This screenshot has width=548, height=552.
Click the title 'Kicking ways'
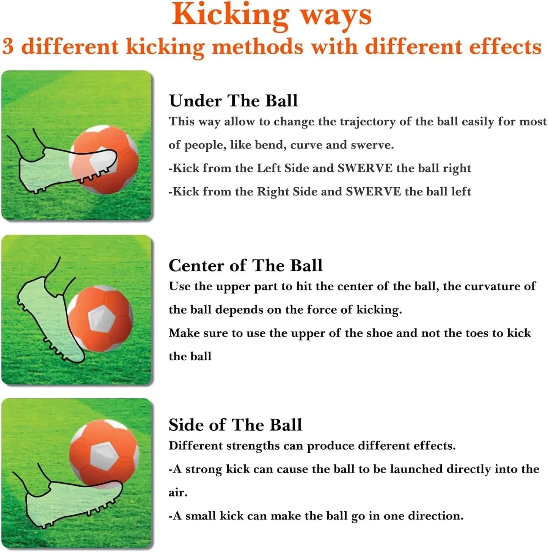pyautogui.click(x=272, y=15)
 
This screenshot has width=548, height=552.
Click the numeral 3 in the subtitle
pyautogui.click(x=8, y=47)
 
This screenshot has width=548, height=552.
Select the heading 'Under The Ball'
pyautogui.click(x=233, y=101)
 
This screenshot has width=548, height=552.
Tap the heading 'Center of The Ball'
pyautogui.click(x=245, y=265)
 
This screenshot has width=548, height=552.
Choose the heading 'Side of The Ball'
pyautogui.click(x=235, y=425)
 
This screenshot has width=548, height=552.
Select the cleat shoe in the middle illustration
pyautogui.click(x=49, y=314)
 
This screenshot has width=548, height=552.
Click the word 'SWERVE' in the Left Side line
pyautogui.click(x=365, y=168)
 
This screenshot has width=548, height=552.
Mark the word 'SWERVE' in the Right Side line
pyautogui.click(x=373, y=191)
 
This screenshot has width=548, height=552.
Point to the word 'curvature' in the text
pyautogui.click(x=491, y=286)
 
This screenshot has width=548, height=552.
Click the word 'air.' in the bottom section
pyautogui.click(x=178, y=493)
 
